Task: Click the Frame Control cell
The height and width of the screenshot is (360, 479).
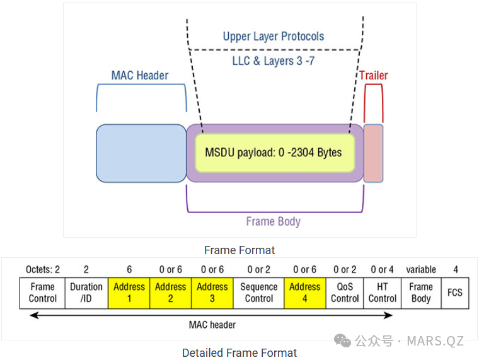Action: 43,293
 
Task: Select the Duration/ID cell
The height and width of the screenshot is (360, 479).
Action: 86,293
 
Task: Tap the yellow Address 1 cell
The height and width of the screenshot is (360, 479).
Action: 129,293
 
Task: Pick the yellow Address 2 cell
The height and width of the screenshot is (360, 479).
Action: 171,293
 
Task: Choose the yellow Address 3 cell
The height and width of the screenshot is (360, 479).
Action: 212,293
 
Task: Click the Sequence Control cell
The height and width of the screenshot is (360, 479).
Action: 258,293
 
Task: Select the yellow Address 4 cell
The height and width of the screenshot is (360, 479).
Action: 305,293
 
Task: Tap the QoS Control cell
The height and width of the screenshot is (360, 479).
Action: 345,293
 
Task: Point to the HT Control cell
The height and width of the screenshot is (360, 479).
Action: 383,293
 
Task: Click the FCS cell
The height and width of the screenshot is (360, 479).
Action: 455,293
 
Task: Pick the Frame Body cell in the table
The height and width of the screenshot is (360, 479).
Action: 421,293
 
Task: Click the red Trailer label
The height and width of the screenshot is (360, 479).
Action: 374,76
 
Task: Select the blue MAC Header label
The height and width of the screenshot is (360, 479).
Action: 140,76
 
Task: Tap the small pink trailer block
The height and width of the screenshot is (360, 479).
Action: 373,153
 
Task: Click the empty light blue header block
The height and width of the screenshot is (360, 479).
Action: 141,153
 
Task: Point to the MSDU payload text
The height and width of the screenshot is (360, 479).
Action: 274,153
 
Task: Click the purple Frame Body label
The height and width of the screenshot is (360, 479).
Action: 273,221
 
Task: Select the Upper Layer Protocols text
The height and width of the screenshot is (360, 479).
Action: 274,36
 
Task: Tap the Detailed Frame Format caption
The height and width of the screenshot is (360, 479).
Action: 239,352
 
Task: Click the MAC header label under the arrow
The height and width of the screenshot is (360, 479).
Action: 212,325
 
